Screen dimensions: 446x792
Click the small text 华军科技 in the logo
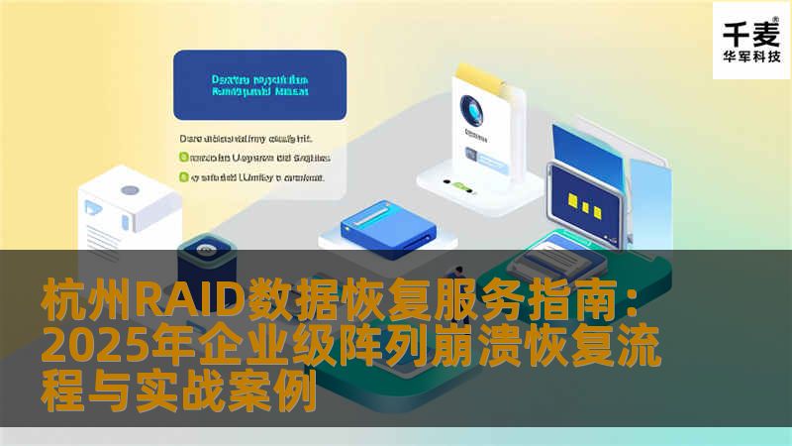(x=751, y=57)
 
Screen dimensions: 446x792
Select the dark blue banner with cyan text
(x=259, y=85)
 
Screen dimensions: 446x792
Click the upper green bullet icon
(x=183, y=157)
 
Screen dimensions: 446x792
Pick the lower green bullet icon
(x=183, y=177)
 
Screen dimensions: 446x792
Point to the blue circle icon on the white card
(x=470, y=111)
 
